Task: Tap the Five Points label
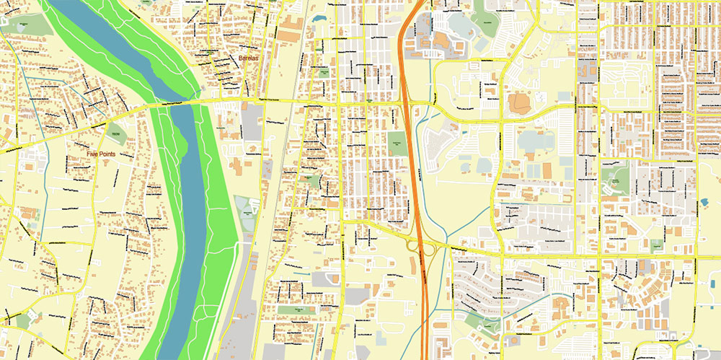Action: (102, 154)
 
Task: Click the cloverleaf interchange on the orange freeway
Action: (423, 247)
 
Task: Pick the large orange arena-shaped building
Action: (518, 104)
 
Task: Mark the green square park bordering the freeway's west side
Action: (397, 141)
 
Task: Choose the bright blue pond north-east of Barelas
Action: (319, 14)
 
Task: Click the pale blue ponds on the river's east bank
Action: (246, 213)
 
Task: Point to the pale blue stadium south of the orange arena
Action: (530, 139)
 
